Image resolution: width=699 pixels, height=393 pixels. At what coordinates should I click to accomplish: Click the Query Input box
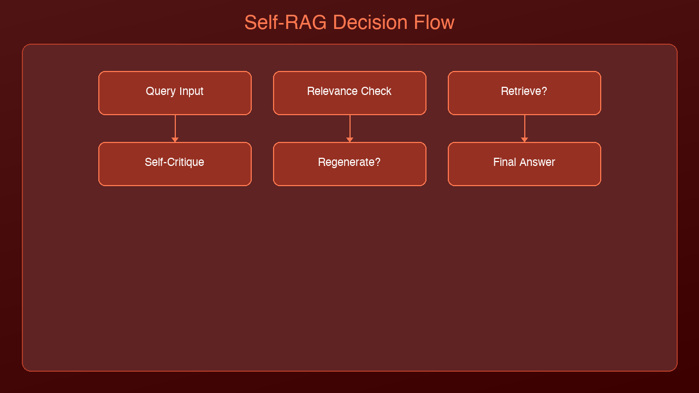(x=175, y=93)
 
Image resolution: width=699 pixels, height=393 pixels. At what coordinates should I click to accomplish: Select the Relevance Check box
(x=350, y=93)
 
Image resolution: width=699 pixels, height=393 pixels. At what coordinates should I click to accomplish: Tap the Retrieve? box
(x=525, y=93)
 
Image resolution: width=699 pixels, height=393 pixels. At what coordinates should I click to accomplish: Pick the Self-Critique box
(x=175, y=164)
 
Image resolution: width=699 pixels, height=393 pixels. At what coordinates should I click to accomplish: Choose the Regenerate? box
(x=350, y=164)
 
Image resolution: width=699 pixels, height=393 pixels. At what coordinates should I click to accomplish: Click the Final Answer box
(x=525, y=164)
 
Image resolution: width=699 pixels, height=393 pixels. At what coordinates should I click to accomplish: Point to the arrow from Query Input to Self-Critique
(x=175, y=128)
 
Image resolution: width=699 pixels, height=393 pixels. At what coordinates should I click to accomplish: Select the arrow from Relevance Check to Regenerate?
(x=350, y=128)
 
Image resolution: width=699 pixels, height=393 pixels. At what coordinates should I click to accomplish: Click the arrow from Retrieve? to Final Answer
(x=525, y=128)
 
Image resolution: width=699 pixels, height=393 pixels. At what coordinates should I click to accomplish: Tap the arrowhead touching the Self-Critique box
(x=175, y=140)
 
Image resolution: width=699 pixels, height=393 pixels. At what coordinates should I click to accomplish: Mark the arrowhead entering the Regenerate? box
(x=350, y=140)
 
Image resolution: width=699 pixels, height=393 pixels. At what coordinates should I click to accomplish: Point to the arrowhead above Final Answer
(x=525, y=140)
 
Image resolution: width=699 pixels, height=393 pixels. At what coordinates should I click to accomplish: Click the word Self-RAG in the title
(x=286, y=22)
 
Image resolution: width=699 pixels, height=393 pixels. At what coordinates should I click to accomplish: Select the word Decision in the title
(x=370, y=22)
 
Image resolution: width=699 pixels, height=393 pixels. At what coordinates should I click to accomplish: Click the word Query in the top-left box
(x=161, y=91)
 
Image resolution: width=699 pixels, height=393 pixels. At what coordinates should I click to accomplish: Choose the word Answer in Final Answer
(x=537, y=162)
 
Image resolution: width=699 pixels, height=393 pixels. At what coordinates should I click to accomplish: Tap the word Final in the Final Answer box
(x=505, y=162)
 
